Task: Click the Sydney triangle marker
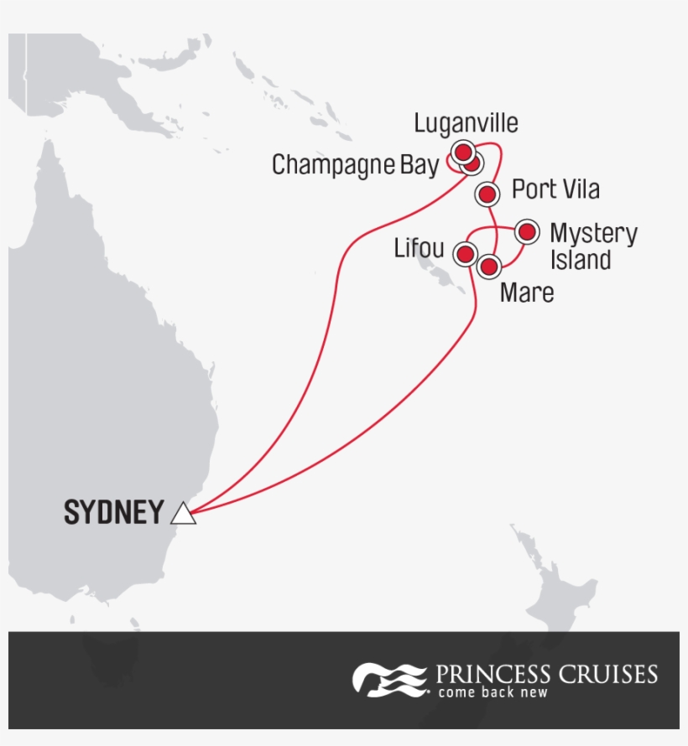tap(183, 513)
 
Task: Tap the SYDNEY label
tap(113, 512)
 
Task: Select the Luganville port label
tap(466, 123)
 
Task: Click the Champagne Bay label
tap(354, 165)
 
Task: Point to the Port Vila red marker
tap(487, 194)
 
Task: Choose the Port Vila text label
tap(555, 189)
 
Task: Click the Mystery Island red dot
tap(526, 231)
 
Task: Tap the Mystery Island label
tap(592, 246)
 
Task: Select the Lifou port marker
tap(465, 253)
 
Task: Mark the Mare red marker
tap(489, 267)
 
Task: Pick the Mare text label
tap(526, 293)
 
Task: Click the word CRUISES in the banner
tap(610, 674)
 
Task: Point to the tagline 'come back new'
tap(493, 693)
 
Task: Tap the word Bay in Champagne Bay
tap(418, 165)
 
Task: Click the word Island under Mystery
tap(580, 260)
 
